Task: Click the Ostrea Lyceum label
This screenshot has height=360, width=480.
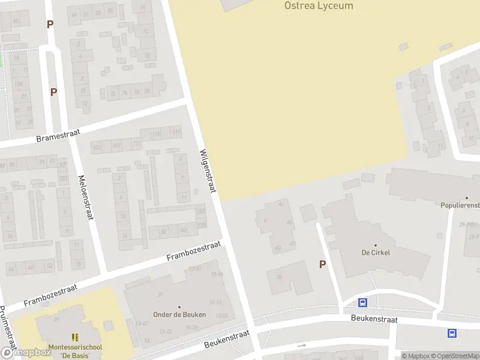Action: coord(318,6)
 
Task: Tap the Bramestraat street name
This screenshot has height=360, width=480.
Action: coord(59,134)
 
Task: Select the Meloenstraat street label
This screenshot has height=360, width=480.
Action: coord(86,197)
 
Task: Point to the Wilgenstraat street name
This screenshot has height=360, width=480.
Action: coord(208,171)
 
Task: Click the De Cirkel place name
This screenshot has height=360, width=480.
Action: coord(376,253)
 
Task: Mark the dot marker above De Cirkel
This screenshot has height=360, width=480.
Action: coord(376,245)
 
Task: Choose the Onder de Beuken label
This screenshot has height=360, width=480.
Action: coord(179,314)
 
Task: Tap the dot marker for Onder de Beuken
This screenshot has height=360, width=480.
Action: coord(179,307)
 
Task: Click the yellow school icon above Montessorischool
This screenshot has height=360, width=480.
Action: coord(75,338)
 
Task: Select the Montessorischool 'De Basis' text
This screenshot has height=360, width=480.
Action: coord(75,351)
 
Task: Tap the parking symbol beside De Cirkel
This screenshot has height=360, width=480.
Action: coord(322,264)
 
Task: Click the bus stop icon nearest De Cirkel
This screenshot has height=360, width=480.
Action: coord(362,302)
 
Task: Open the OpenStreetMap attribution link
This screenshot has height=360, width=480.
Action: coord(455,356)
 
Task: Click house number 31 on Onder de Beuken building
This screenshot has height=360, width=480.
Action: coord(160,294)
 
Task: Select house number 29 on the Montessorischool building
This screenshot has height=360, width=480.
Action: coord(57,320)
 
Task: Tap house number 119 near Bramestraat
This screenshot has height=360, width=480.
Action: coord(176,132)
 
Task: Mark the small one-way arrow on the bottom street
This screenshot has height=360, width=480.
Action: coord(302,346)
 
